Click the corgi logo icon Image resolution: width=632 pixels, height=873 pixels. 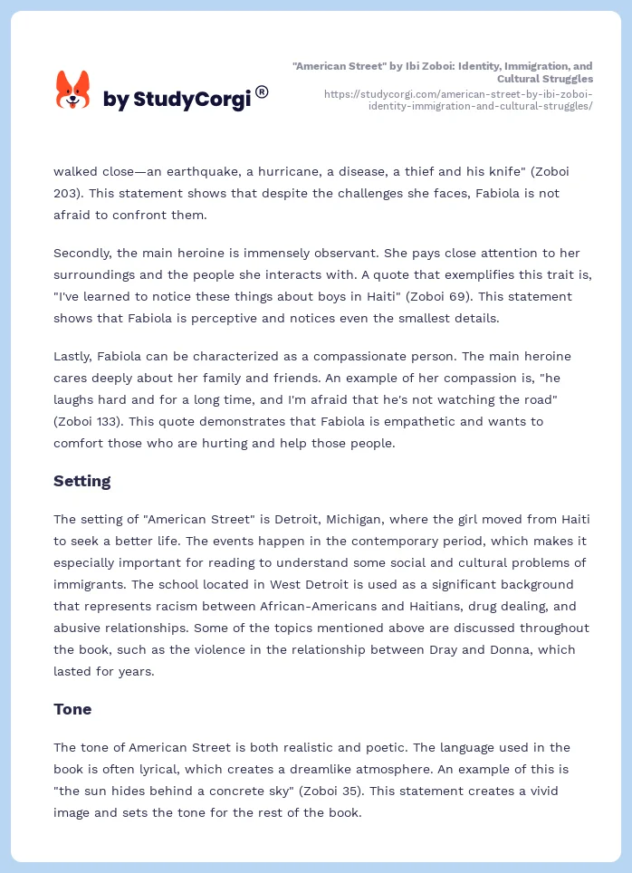pyautogui.click(x=72, y=91)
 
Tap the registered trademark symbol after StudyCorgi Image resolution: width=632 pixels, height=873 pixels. pyautogui.click(x=262, y=91)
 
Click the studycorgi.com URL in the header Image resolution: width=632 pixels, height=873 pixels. pyautogui.click(x=457, y=100)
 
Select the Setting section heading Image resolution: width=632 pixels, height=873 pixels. pyautogui.click(x=82, y=481)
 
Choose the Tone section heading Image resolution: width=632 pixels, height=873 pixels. pyautogui.click(x=72, y=709)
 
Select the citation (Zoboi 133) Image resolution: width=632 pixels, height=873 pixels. pyautogui.click(x=92, y=421)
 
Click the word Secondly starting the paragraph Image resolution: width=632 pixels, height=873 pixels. pyautogui.click(x=84, y=253)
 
